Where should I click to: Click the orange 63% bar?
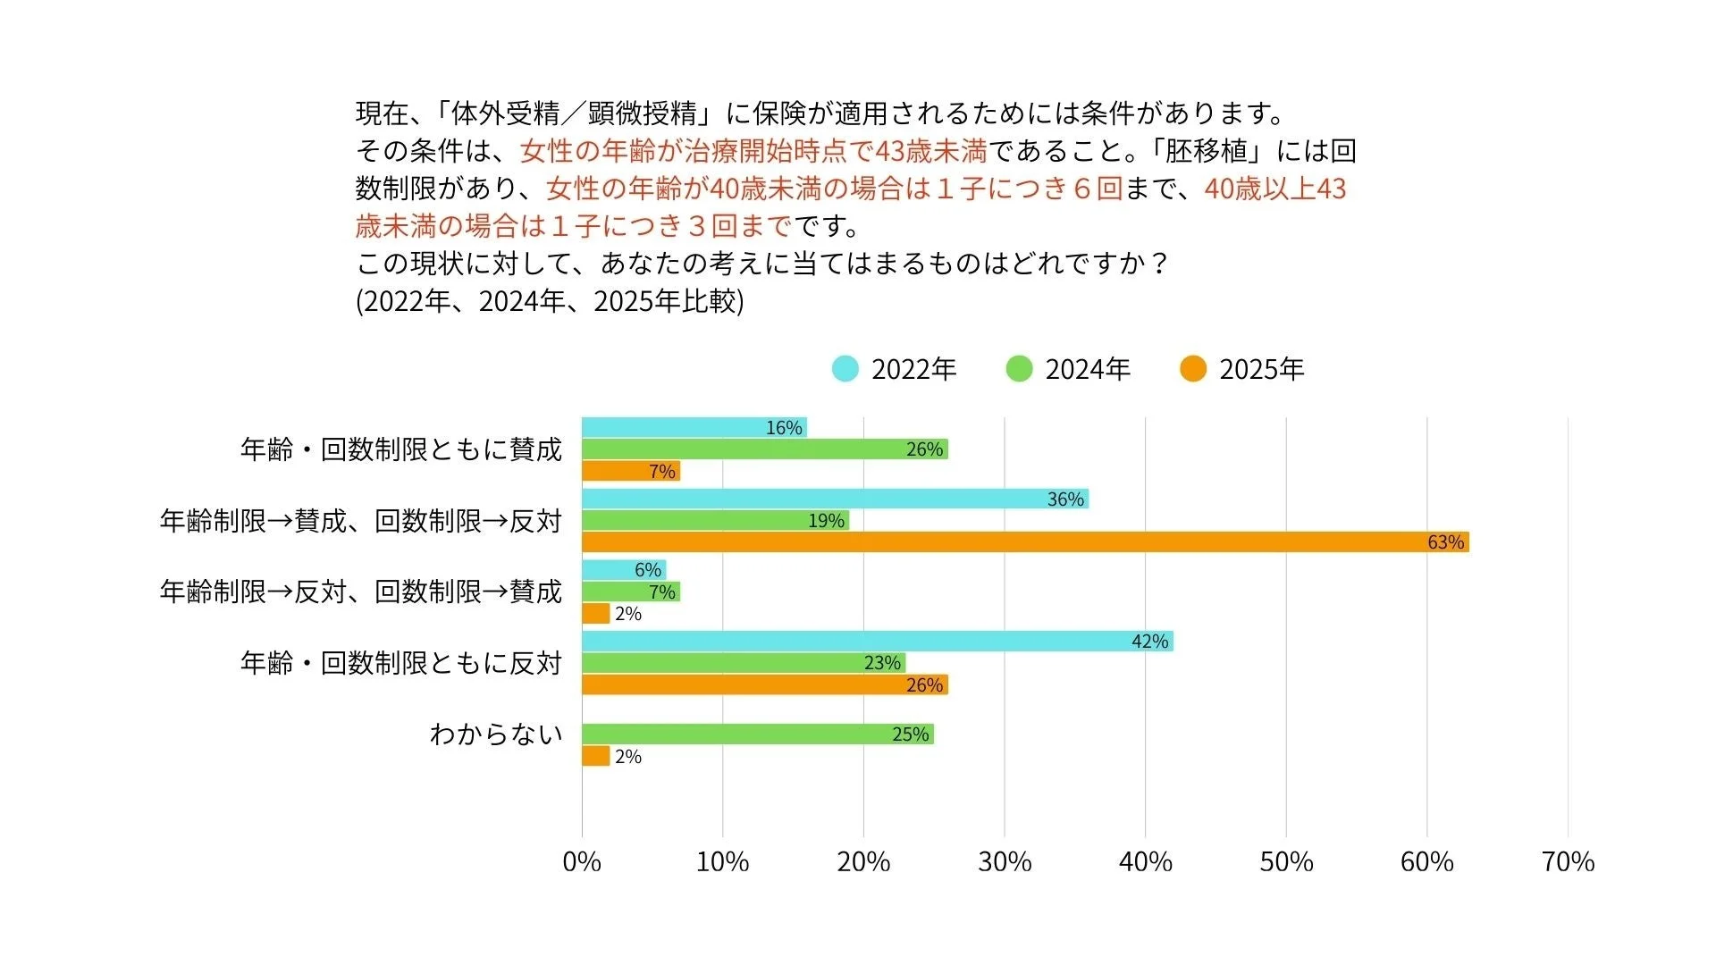[1025, 542]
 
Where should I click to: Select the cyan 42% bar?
[876, 641]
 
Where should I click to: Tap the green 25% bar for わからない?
[757, 734]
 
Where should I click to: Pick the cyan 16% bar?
[694, 427]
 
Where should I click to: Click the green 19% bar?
[715, 520]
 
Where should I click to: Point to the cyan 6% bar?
[623, 570]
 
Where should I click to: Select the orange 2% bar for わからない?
[595, 756]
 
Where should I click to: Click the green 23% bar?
[743, 663]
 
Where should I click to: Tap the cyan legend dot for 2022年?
[845, 368]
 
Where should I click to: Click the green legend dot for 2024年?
[1019, 368]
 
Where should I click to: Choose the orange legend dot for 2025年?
[1192, 368]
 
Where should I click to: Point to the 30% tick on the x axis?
[1005, 861]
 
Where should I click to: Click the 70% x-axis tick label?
[1568, 861]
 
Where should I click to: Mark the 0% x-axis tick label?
[582, 861]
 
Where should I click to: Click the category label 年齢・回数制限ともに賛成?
[400, 449]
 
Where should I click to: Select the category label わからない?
[496, 734]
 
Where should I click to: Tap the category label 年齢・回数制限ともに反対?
[400, 663]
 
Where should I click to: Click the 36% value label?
[1065, 499]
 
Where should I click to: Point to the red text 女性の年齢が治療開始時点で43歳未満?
[753, 151]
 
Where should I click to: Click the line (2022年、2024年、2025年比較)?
[550, 301]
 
